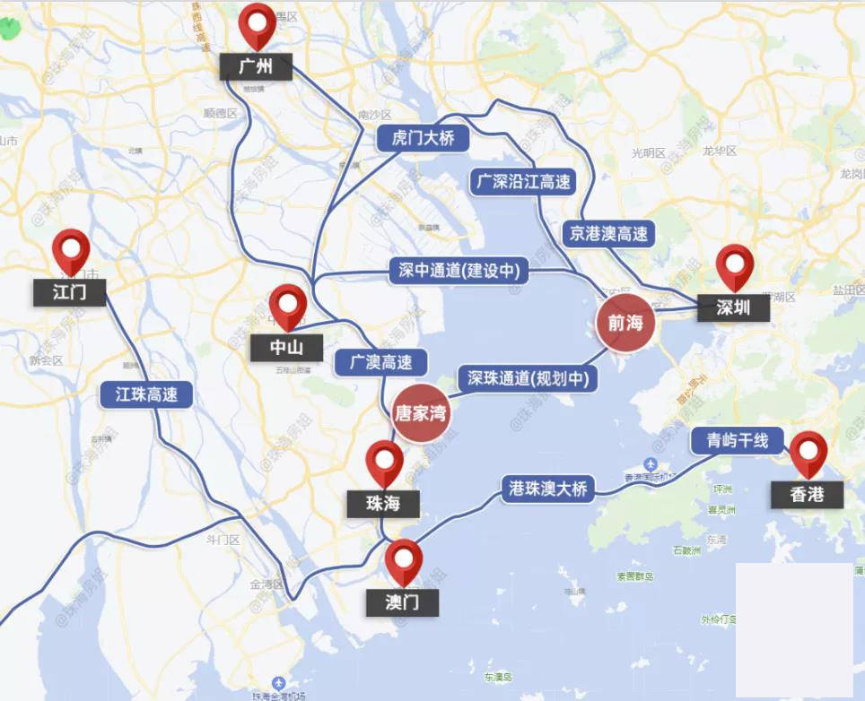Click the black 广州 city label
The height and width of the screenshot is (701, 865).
(x=256, y=66)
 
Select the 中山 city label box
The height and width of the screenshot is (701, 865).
(x=287, y=347)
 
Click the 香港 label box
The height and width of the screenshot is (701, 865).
(x=808, y=494)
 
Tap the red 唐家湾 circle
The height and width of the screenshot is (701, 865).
(x=420, y=413)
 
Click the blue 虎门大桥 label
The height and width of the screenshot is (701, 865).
(x=423, y=138)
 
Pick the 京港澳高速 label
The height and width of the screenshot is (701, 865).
(x=608, y=234)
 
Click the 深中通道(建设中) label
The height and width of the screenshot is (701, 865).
(x=459, y=271)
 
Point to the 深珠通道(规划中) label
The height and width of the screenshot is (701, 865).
(x=528, y=378)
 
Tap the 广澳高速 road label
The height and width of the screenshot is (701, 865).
(x=380, y=362)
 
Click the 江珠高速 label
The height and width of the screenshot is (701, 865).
(x=146, y=394)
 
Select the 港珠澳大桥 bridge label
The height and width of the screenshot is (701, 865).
(x=547, y=489)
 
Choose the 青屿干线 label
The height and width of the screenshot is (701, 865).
(x=737, y=440)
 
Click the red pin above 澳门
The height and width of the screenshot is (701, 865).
(x=404, y=558)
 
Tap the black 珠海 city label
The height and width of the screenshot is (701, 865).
(x=383, y=503)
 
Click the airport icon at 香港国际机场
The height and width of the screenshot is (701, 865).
(x=651, y=463)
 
